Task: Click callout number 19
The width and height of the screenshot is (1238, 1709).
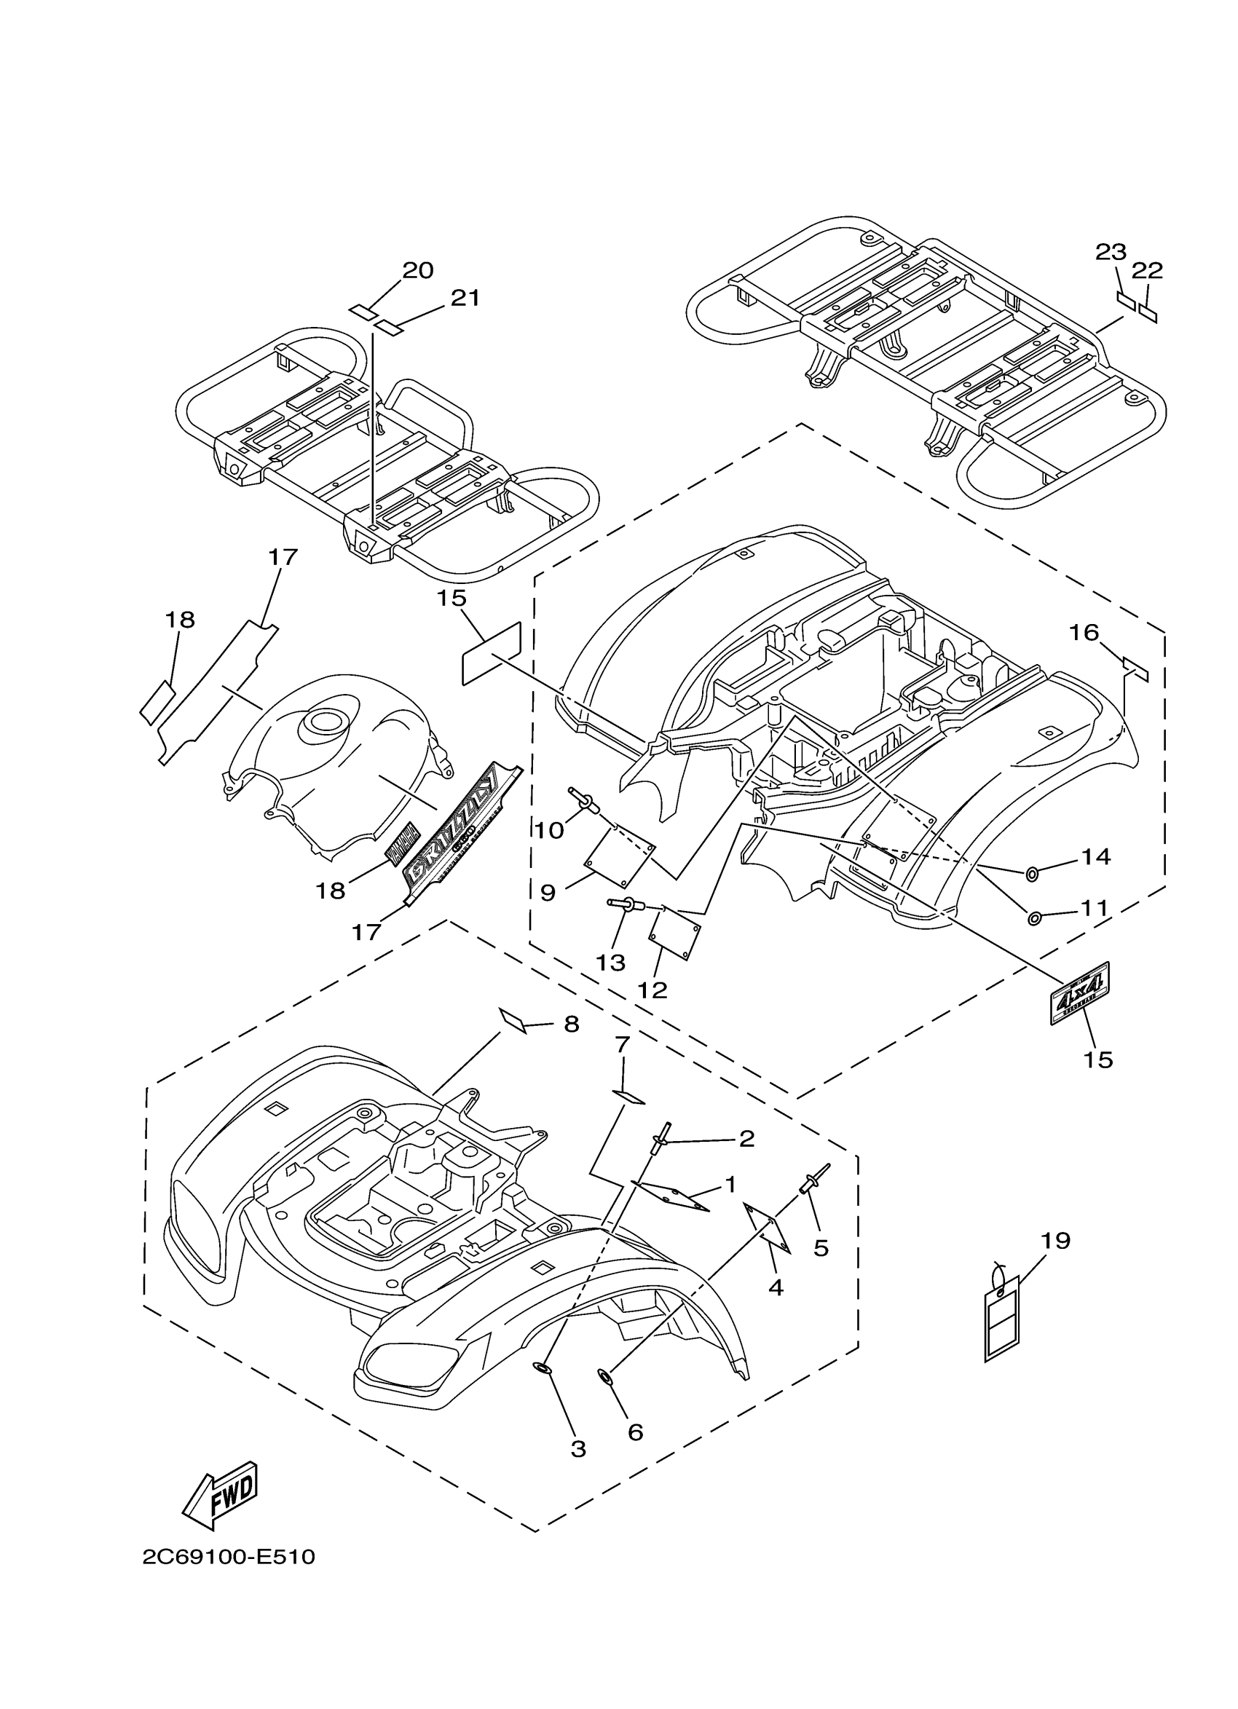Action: (1055, 1240)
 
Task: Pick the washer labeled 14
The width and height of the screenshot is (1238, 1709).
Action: (1031, 873)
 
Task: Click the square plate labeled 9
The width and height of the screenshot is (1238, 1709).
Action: (620, 858)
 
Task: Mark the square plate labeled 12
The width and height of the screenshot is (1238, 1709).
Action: (675, 934)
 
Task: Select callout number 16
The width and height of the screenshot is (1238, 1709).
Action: (1084, 632)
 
